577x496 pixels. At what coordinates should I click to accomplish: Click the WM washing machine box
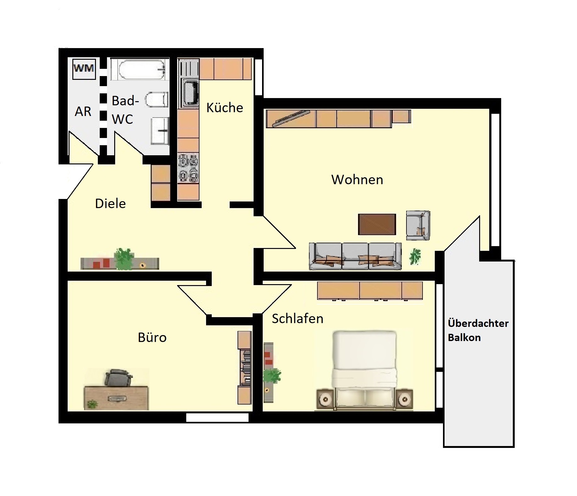(x=84, y=69)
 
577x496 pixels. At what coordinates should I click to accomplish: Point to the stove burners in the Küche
(x=188, y=168)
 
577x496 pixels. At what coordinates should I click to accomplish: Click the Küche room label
(x=225, y=108)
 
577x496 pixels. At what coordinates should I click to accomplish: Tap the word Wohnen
(x=357, y=180)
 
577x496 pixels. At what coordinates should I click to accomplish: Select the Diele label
(x=110, y=204)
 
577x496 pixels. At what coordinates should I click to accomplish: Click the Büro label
(x=152, y=338)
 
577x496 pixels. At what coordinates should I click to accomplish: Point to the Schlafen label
(x=298, y=319)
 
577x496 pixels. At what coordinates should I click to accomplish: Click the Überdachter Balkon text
(x=478, y=330)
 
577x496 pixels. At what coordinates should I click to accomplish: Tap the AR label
(x=83, y=112)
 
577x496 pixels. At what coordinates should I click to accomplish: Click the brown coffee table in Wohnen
(x=377, y=224)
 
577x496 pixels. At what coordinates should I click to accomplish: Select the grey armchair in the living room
(x=418, y=225)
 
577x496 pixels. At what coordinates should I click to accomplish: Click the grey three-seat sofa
(x=355, y=256)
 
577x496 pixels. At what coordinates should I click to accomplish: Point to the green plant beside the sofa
(x=415, y=256)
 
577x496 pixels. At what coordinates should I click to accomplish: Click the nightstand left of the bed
(x=325, y=399)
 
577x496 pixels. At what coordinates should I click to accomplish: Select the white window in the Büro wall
(x=217, y=417)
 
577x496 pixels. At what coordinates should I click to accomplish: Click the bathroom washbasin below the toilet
(x=160, y=131)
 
